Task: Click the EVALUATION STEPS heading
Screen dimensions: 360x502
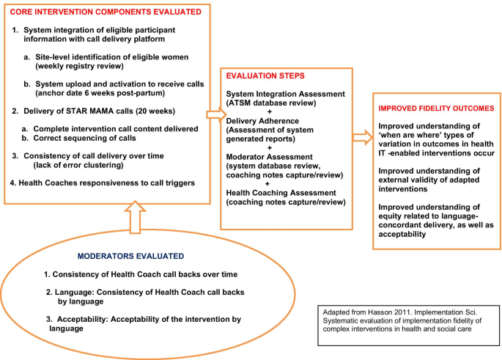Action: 265,76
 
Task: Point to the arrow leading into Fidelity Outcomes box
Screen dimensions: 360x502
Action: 361,136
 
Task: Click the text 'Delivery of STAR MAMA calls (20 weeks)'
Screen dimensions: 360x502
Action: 114,111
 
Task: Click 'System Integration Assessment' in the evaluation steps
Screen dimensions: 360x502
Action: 283,95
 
